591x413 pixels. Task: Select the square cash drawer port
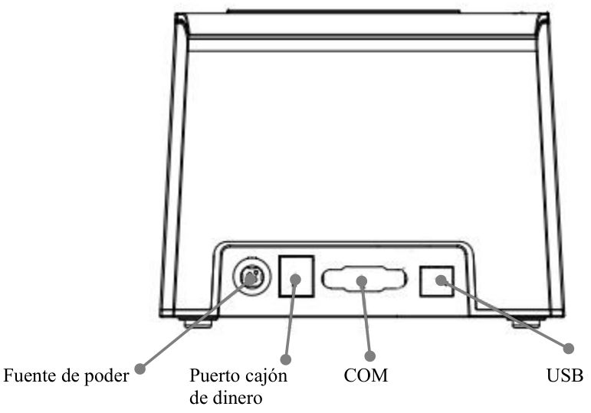coord(296,276)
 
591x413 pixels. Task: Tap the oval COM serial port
coord(364,279)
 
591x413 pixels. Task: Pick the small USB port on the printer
coord(436,281)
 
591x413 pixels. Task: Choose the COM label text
coord(366,375)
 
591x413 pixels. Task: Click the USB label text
coord(565,375)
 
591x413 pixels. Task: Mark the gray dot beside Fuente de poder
coord(140,369)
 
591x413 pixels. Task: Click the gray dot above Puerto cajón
coord(286,359)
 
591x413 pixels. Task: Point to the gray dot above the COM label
coord(370,356)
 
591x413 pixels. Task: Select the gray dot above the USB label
coord(568,348)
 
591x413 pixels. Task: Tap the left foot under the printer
coord(199,323)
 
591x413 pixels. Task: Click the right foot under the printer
coord(525,323)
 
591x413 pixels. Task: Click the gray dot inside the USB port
coord(441,280)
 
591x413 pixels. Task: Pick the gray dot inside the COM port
coord(362,280)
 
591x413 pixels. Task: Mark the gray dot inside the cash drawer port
coord(296,279)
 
